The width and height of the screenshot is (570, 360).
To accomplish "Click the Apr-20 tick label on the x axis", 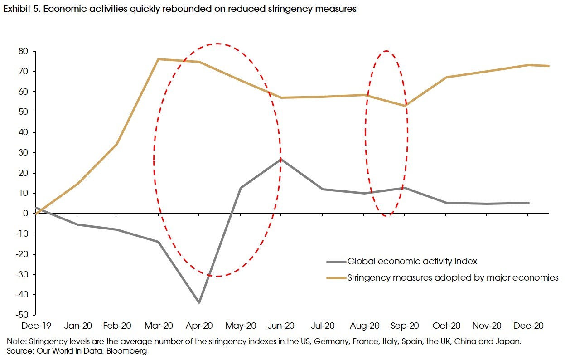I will pos(199,326).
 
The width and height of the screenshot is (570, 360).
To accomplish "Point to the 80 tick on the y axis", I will pos(23,51).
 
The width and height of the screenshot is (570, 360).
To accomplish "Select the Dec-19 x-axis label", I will pos(35,326).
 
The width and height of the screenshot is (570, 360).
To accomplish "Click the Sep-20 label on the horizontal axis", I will pos(405,326).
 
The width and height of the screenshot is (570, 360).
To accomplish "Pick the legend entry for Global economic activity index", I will pos(412,261).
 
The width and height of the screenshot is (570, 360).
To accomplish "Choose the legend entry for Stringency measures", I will pos(453,277).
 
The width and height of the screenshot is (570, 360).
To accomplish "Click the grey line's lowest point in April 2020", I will pos(199,302).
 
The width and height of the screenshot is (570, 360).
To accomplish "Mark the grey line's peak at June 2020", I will pos(281,159).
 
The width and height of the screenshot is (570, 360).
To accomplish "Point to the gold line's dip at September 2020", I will pos(405,106).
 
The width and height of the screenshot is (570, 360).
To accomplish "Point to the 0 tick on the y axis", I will pos(25,213).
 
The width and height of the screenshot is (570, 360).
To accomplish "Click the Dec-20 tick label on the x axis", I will pos(528,326).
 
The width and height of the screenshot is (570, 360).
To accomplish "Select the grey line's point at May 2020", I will pos(241,188).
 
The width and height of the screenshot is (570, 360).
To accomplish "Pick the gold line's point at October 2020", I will pos(446,77).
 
